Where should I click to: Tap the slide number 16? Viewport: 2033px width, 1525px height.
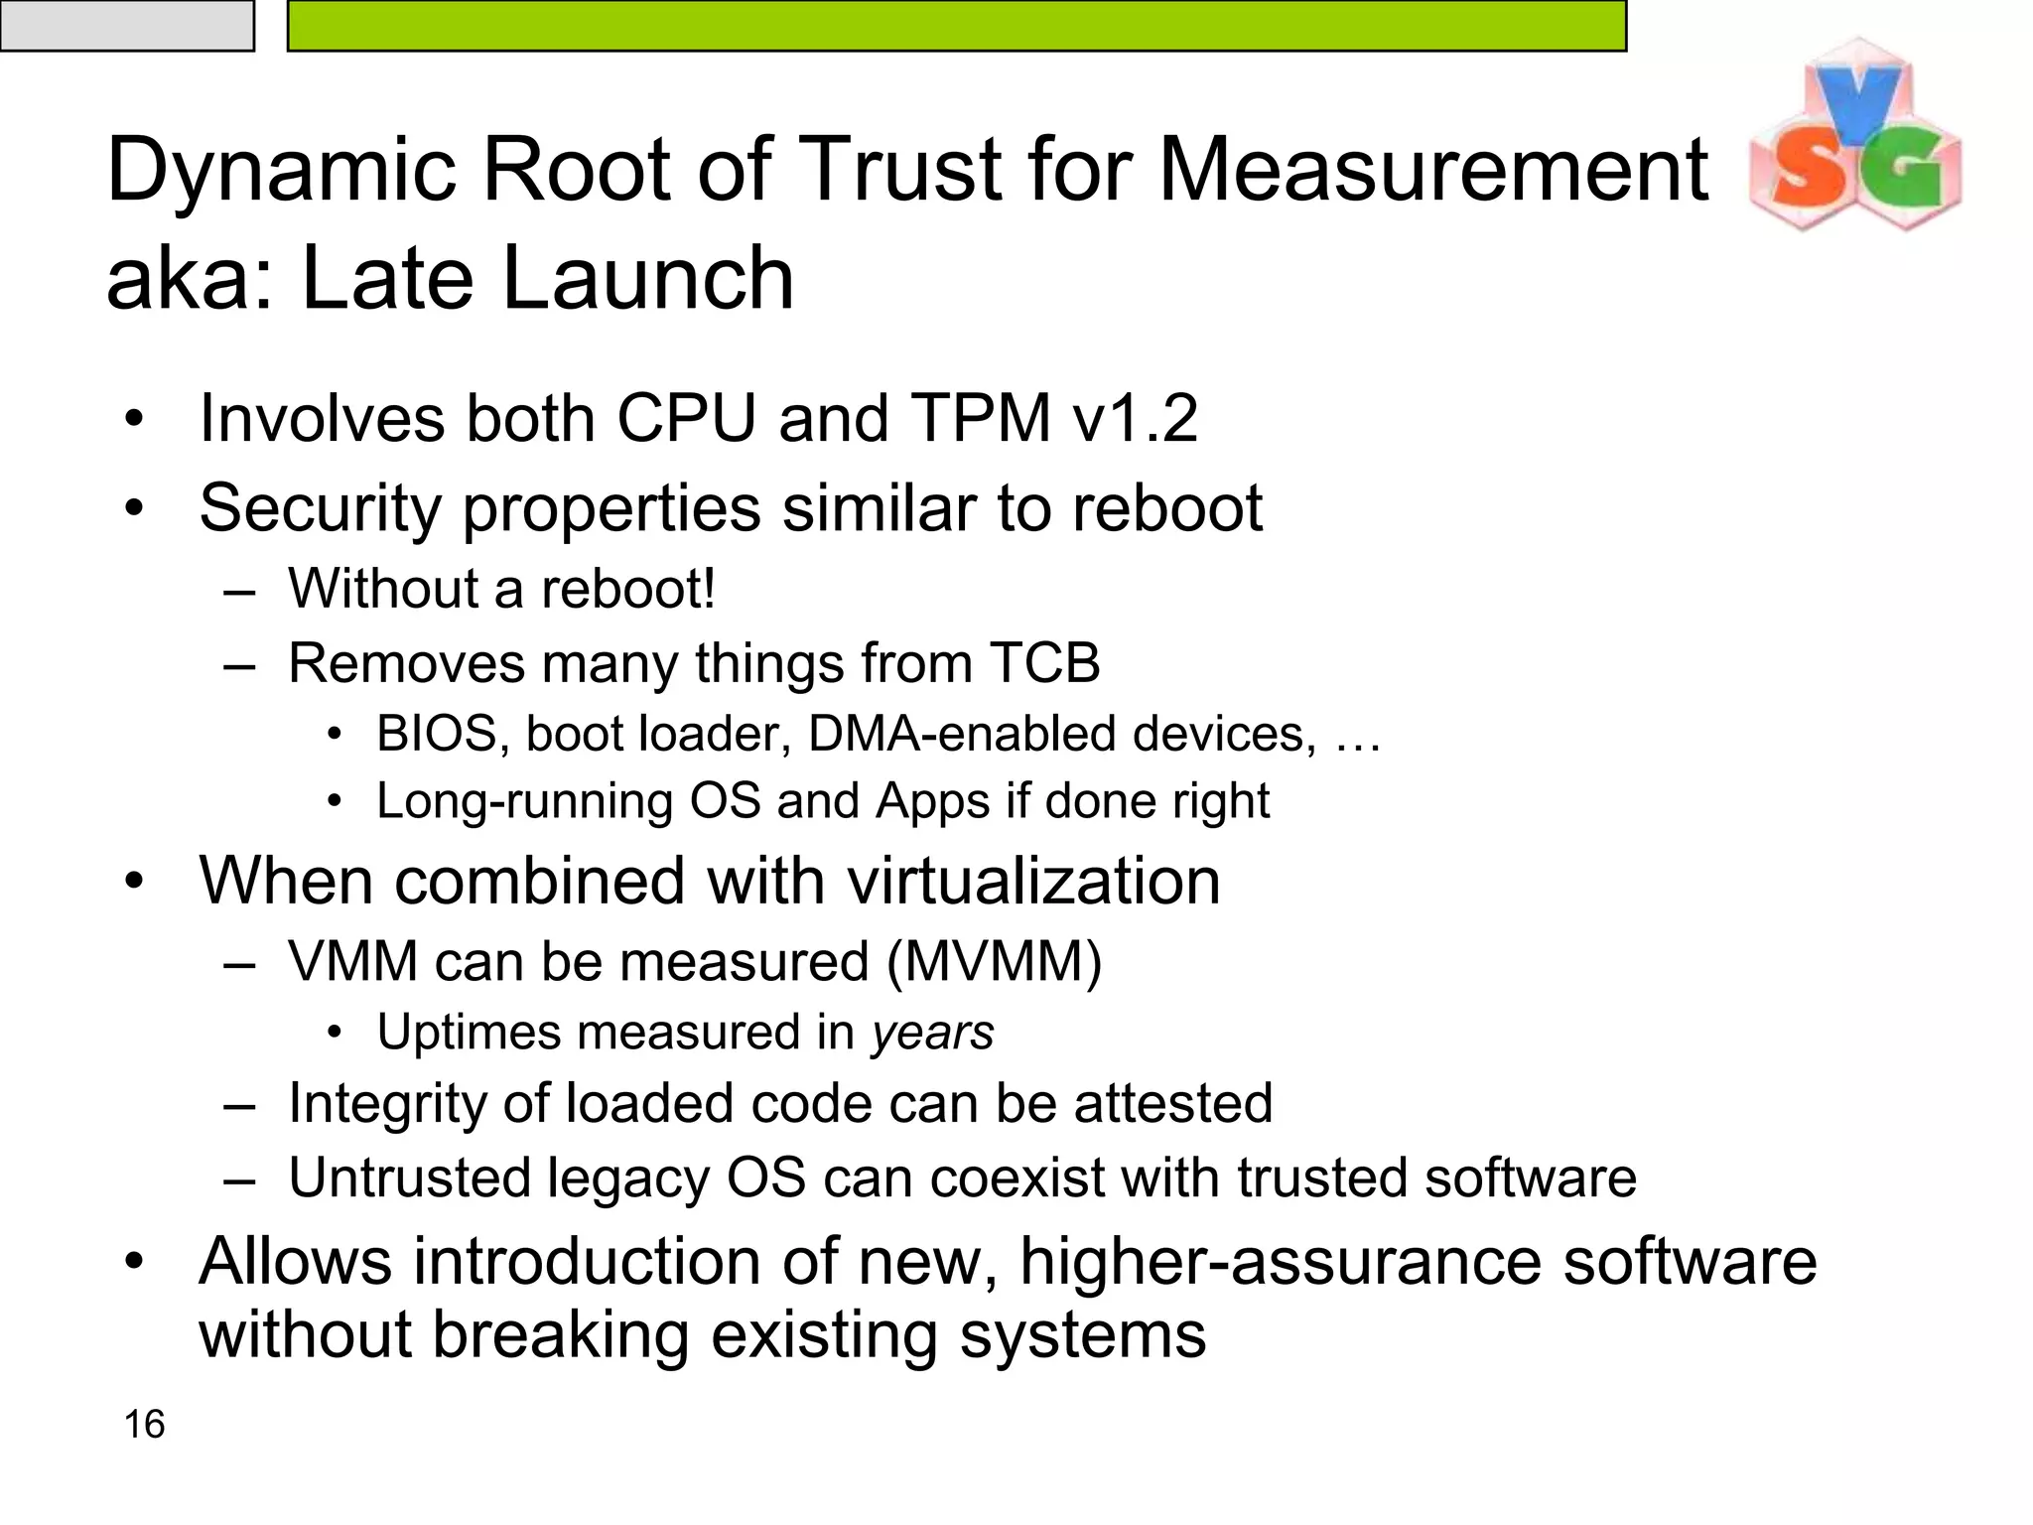tap(144, 1424)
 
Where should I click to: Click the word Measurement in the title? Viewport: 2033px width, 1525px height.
tap(1432, 170)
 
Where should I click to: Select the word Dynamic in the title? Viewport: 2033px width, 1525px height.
tap(281, 172)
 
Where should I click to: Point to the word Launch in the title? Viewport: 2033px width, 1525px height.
tap(647, 278)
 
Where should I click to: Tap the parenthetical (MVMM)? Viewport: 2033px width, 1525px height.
tap(994, 962)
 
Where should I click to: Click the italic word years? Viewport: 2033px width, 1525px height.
tap(933, 1033)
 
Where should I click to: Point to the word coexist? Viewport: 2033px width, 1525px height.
tap(1016, 1178)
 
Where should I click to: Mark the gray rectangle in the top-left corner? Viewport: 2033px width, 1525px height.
tap(126, 25)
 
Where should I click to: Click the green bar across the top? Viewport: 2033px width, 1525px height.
tap(956, 25)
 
